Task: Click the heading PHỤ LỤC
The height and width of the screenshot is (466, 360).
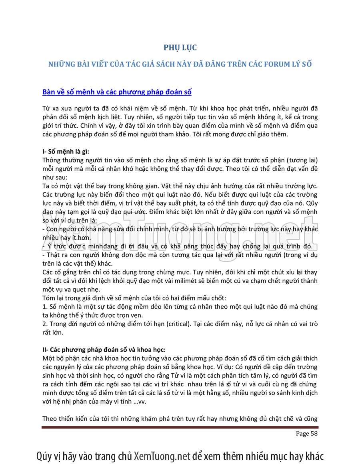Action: [180, 48]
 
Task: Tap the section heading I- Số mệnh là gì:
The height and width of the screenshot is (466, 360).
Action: [66, 152]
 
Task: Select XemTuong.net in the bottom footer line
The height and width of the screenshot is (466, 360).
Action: [162, 456]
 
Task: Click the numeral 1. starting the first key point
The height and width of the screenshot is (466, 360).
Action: [45, 307]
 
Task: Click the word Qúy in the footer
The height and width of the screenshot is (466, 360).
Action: [44, 456]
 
